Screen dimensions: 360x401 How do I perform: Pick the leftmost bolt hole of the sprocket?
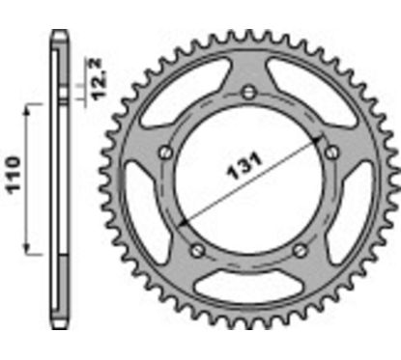165,152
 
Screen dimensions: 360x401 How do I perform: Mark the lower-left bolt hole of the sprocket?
197,250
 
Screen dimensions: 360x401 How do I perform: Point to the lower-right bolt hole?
301,249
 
